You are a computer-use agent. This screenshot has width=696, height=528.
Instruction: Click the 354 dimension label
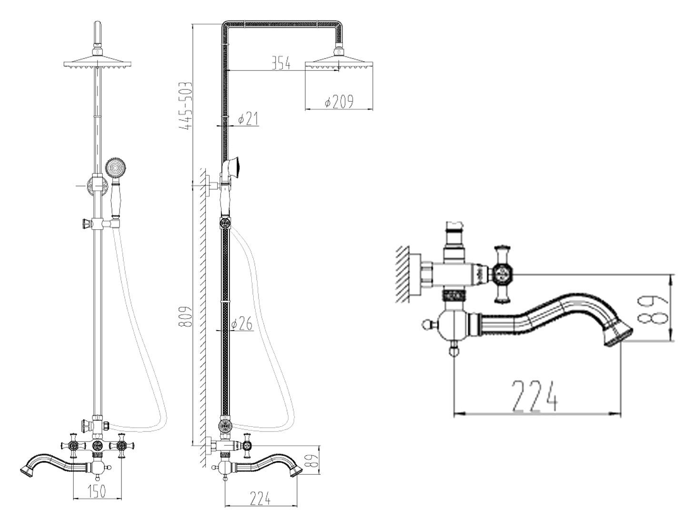click(x=281, y=63)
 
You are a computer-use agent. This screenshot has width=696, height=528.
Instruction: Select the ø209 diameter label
click(x=338, y=102)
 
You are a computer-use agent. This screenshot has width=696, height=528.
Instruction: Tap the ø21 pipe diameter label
click(x=248, y=119)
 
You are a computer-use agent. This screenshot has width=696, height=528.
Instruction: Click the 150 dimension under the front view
click(x=97, y=491)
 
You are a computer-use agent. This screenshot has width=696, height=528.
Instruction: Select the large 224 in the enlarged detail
click(x=535, y=396)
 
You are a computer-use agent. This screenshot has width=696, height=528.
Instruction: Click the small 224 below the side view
click(x=260, y=499)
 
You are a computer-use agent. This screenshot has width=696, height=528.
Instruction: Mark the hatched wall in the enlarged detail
click(x=403, y=274)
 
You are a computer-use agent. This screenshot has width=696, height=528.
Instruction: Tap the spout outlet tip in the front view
click(x=27, y=471)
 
